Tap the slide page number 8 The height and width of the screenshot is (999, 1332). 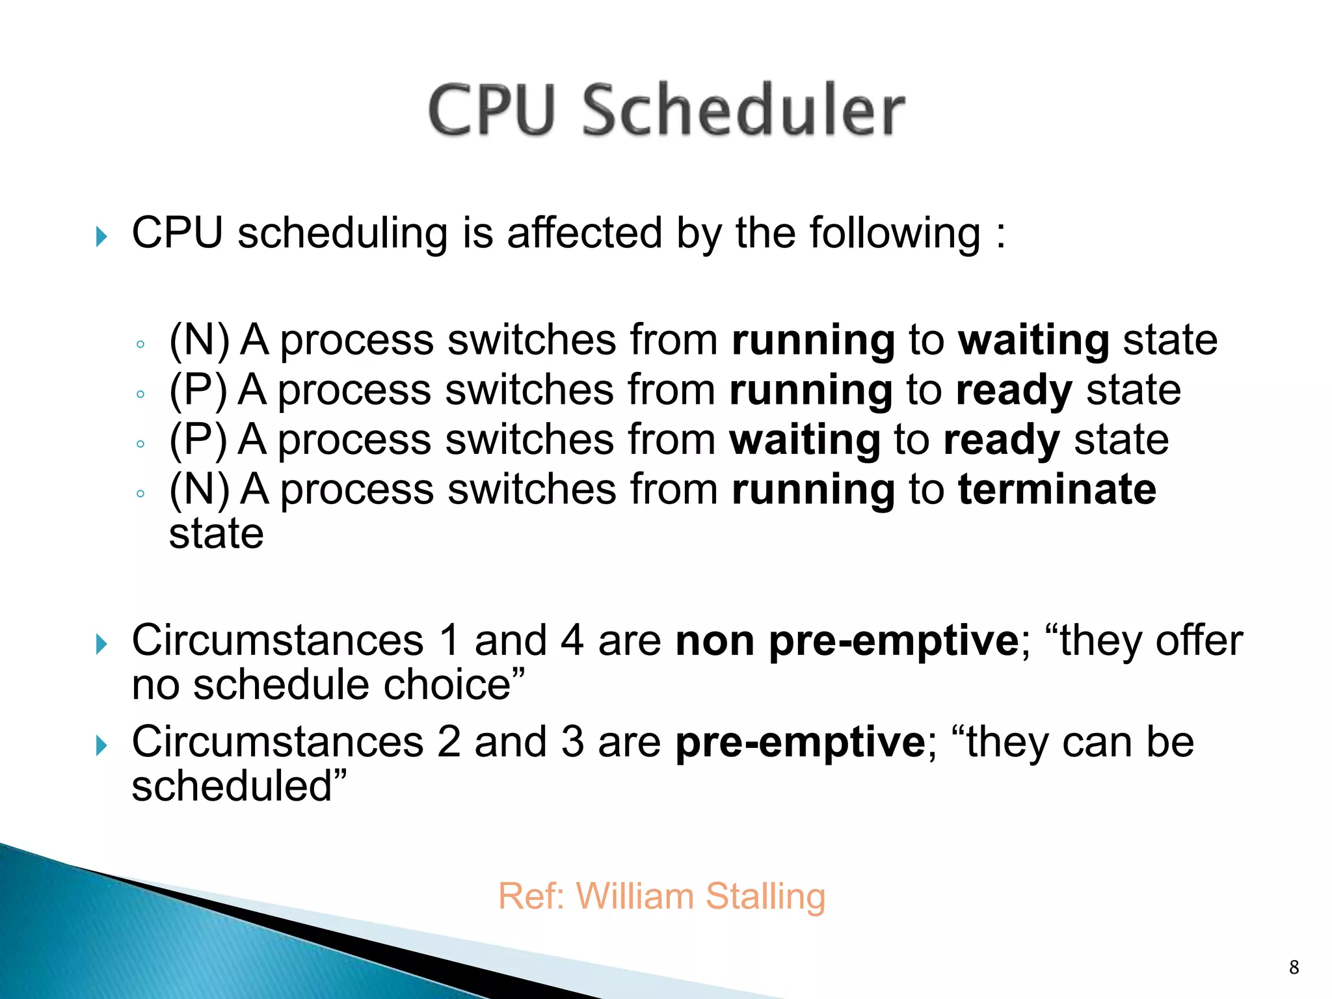[x=1294, y=967]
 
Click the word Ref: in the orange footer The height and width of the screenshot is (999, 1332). [x=531, y=897]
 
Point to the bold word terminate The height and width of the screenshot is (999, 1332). [x=1057, y=489]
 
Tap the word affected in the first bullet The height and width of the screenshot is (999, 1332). [x=584, y=233]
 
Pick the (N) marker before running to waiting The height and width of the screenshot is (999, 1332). [x=199, y=340]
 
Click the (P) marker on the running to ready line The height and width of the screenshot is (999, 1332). [x=198, y=390]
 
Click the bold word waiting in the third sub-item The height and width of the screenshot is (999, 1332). [x=805, y=440]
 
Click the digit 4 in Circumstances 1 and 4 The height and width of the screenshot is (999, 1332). [x=572, y=641]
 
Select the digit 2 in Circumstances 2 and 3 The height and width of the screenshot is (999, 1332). [x=448, y=743]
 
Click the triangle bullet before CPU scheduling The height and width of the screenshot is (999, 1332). [x=101, y=236]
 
